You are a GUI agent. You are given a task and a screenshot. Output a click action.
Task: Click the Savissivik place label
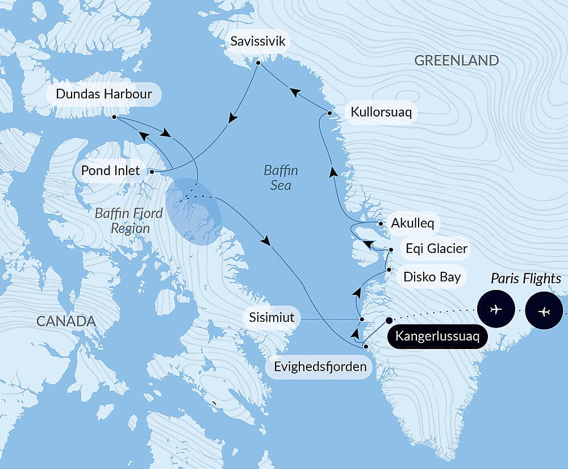(x=258, y=42)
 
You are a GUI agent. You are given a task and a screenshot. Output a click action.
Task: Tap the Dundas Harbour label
(x=104, y=94)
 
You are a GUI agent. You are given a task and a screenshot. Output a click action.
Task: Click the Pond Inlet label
(x=110, y=171)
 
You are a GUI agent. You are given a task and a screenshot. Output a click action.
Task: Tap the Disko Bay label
(x=431, y=277)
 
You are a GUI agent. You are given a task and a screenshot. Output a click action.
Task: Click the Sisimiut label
(x=272, y=317)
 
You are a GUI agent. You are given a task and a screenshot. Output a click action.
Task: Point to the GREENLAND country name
(x=457, y=61)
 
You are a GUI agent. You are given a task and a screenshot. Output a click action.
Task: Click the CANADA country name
(x=66, y=321)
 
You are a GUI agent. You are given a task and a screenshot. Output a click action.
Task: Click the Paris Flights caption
(x=526, y=279)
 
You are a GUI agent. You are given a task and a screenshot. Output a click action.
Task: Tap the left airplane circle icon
(x=496, y=310)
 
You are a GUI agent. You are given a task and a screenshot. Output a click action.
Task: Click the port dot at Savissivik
(x=258, y=63)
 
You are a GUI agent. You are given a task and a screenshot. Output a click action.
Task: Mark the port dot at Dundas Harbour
(x=114, y=117)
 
